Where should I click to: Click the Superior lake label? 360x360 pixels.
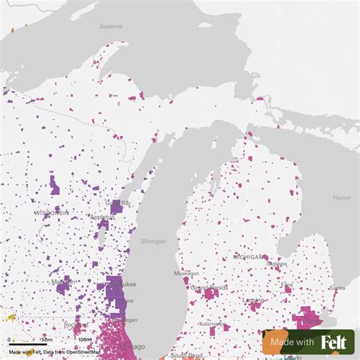click(x=111, y=27)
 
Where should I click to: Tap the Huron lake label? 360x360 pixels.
click(x=342, y=197)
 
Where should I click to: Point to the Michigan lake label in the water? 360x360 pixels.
click(x=153, y=241)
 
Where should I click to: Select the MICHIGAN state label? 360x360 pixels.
click(x=250, y=257)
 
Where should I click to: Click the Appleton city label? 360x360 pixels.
click(x=102, y=216)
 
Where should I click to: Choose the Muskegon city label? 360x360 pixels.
click(x=186, y=273)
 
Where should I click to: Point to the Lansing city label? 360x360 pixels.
click(x=253, y=300)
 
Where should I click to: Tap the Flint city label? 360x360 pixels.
click(x=287, y=285)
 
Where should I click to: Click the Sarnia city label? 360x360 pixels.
click(x=336, y=288)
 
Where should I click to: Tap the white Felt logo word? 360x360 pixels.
click(x=335, y=343)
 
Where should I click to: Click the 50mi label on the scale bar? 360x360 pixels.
click(x=46, y=339)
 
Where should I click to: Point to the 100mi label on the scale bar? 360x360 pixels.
click(x=85, y=339)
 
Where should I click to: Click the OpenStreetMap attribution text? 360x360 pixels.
click(x=83, y=352)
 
